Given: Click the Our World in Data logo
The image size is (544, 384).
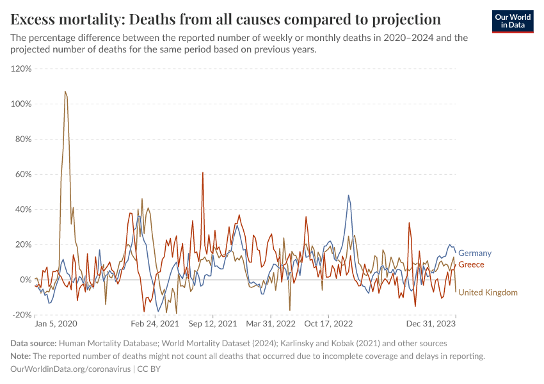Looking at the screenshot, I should tap(512, 21).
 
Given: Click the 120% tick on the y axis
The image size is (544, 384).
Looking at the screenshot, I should tap(22, 68).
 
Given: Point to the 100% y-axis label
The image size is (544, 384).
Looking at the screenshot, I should tap(22, 104).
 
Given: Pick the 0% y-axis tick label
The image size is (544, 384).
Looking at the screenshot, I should tap(26, 280).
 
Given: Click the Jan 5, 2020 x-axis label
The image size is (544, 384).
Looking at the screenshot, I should tap(56, 324).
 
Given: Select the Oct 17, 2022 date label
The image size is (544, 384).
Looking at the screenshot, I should tap(328, 324).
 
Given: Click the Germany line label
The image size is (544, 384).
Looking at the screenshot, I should tap(475, 253).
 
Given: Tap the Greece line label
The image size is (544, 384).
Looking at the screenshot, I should tap(471, 264).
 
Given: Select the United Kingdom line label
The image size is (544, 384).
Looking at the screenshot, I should tap(488, 292).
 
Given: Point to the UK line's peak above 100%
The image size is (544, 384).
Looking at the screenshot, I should tap(65, 92).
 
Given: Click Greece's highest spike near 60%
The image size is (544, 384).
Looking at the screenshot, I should tap(203, 172).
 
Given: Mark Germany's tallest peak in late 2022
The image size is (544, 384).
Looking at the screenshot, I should tap(349, 195).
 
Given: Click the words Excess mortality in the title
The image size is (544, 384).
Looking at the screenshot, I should tap(62, 17).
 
